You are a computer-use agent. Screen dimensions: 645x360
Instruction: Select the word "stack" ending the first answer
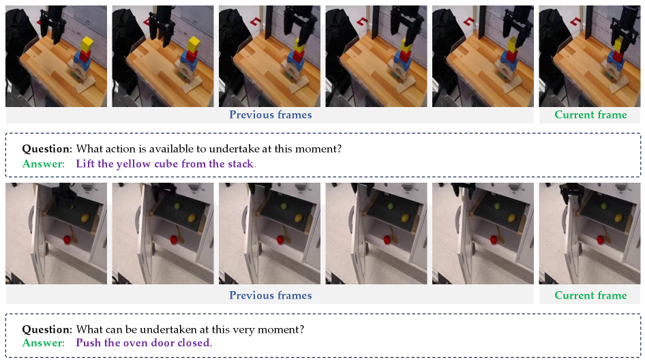pyautogui.click(x=241, y=164)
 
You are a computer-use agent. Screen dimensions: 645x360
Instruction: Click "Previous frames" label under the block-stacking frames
pyautogui.click(x=270, y=115)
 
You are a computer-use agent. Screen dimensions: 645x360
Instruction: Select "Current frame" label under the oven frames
pyautogui.click(x=590, y=295)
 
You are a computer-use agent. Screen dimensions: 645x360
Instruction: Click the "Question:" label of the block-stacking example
pyautogui.click(x=47, y=149)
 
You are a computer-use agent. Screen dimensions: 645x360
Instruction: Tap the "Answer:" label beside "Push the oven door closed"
pyautogui.click(x=44, y=343)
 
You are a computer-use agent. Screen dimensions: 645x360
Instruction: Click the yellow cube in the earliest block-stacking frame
pyautogui.click(x=87, y=44)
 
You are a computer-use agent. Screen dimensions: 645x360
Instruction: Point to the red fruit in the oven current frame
pyautogui.click(x=601, y=239)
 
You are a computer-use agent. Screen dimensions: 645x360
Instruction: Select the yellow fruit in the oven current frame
pyautogui.click(x=618, y=218)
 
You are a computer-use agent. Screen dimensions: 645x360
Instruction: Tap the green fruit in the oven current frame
pyautogui.click(x=603, y=206)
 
